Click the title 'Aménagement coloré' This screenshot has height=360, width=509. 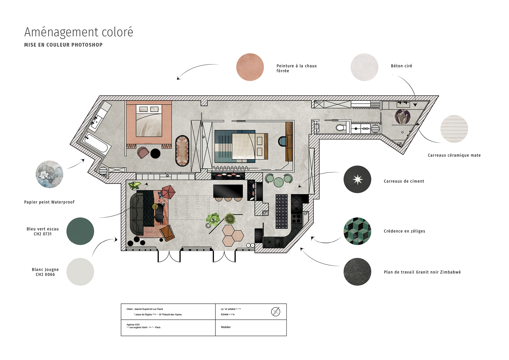78,32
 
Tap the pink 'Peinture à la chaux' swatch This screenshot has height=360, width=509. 250,67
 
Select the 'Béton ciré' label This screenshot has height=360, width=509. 401,66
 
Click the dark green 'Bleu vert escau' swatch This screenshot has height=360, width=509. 80,231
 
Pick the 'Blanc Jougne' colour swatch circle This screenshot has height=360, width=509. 80,272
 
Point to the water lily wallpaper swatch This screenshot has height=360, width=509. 50,174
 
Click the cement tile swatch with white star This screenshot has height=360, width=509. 357,179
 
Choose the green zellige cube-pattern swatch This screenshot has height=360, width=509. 357,231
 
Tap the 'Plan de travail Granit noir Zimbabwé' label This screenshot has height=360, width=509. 422,272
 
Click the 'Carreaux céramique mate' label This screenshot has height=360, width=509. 454,155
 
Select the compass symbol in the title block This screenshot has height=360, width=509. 275,311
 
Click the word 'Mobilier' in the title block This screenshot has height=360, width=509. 226,327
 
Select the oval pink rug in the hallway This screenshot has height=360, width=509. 182,151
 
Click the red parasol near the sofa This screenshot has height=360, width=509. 168,192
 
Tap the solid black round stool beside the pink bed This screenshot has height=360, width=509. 155,154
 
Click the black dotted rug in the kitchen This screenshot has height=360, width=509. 282,211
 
